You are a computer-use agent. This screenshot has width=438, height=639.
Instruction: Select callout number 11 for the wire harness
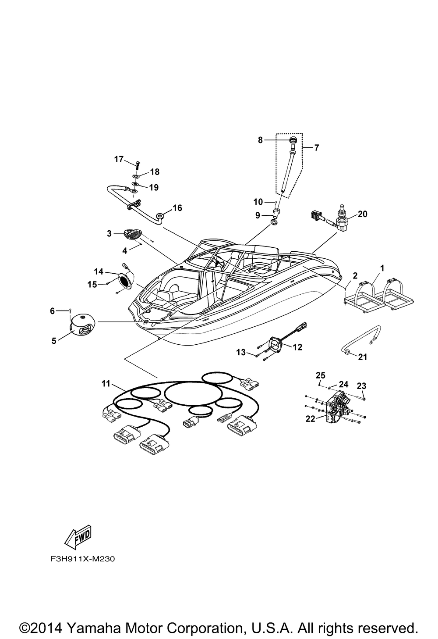click(106, 384)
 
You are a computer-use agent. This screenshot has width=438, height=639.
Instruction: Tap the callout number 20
click(362, 214)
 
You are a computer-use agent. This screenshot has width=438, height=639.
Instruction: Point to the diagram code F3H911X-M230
click(80, 559)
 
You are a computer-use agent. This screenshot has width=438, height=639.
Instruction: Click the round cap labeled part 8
click(293, 140)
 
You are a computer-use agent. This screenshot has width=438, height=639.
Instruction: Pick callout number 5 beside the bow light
click(54, 340)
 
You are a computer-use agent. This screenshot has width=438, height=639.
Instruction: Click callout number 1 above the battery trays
click(382, 268)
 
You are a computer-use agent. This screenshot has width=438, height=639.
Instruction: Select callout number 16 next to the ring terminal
click(177, 207)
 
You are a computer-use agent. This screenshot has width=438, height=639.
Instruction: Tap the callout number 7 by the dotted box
click(316, 148)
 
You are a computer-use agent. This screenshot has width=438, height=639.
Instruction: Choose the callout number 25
click(321, 375)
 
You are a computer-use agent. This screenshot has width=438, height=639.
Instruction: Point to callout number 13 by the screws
click(241, 352)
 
